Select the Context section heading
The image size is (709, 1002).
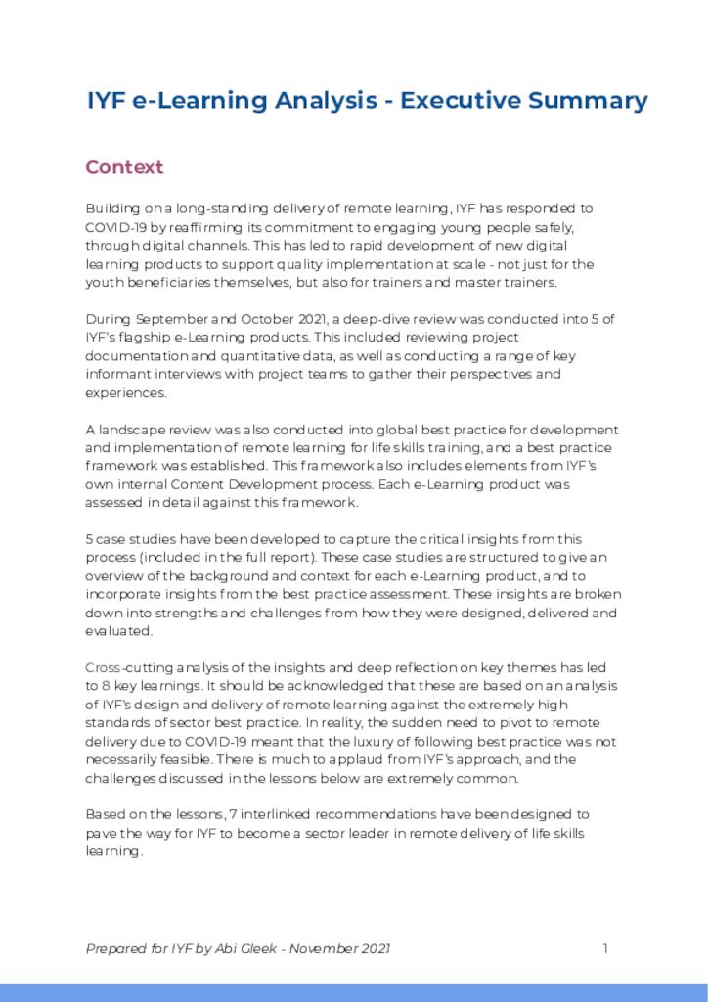tap(124, 167)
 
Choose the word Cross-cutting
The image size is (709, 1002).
tap(124, 667)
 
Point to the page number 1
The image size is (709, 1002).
tap(605, 948)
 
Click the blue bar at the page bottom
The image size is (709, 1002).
tap(354, 992)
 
